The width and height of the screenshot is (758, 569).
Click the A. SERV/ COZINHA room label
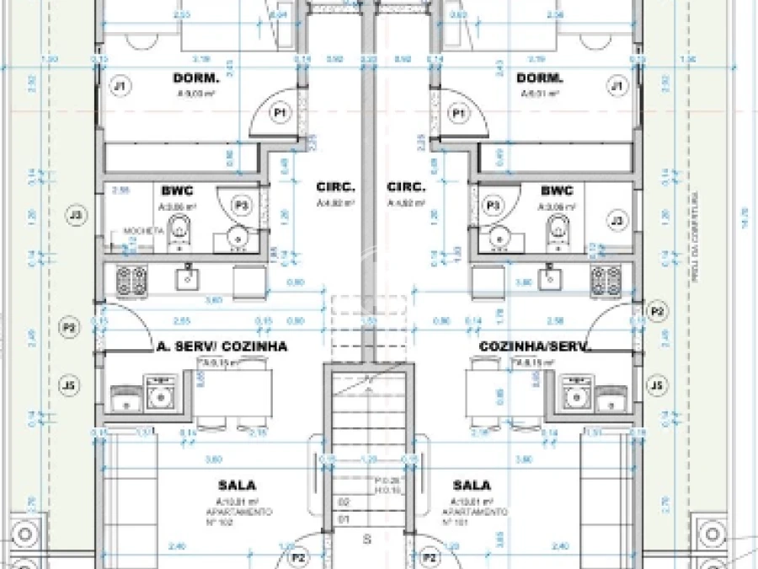[222, 346]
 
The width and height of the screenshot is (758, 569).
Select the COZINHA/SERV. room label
[535, 346]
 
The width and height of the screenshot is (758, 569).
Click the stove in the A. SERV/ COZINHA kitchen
[131, 280]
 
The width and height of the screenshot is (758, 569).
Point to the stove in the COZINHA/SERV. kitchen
[606, 280]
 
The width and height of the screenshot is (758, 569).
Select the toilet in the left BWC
[179, 231]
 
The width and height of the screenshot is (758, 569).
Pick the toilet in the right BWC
[557, 231]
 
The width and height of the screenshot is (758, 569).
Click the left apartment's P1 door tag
[280, 112]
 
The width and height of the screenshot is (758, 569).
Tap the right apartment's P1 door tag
[459, 112]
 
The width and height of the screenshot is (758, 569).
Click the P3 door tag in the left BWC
[242, 205]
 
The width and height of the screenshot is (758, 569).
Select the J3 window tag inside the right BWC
[617, 221]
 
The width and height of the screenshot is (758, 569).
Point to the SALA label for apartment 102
[237, 486]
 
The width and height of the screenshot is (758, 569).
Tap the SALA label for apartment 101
[472, 486]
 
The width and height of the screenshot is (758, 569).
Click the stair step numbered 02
[343, 502]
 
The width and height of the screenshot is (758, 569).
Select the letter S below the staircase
[366, 539]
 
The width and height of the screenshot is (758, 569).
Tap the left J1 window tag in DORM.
[120, 85]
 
